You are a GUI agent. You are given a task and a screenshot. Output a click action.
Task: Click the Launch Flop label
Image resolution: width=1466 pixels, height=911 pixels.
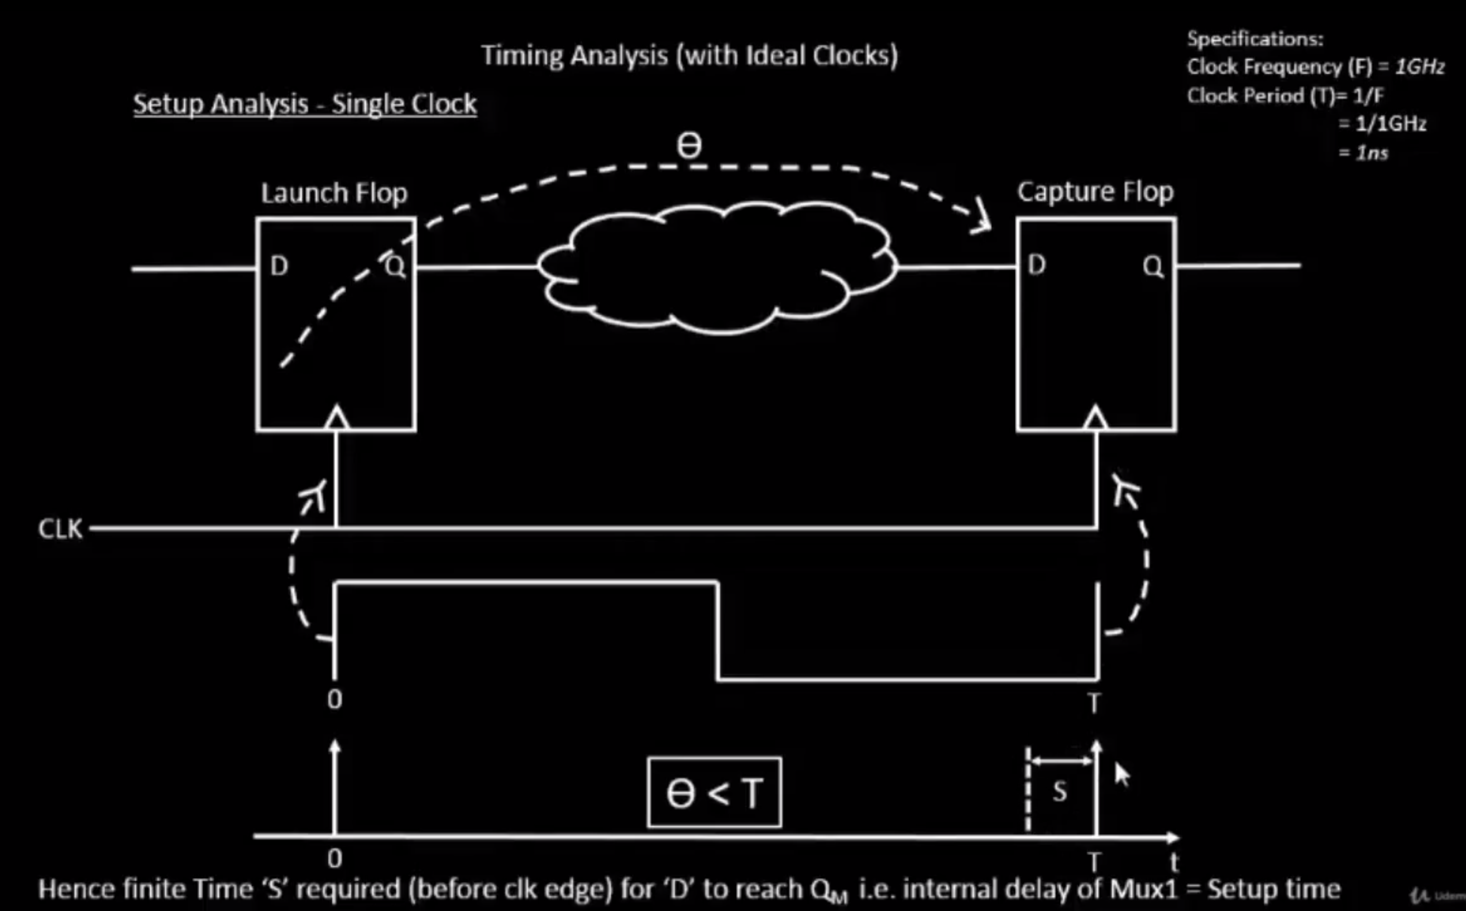click(334, 194)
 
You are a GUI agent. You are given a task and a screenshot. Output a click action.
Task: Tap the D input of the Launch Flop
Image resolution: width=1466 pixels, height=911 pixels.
click(279, 266)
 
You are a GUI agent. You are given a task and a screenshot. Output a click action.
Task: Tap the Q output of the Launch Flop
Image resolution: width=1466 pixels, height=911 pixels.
click(395, 266)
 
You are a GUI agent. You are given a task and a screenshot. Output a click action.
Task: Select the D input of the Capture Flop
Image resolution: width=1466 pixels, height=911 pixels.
click(1036, 264)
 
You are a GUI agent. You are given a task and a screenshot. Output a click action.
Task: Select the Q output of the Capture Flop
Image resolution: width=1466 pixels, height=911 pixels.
click(1153, 266)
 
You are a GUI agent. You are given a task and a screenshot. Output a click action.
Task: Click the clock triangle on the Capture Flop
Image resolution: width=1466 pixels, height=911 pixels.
click(1095, 419)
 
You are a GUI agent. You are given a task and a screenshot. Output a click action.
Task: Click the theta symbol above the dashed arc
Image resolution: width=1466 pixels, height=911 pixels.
click(689, 145)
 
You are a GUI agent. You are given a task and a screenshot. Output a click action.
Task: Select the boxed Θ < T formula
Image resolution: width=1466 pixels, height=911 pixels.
click(715, 792)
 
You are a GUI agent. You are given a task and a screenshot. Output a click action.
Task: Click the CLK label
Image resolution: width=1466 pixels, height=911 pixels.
click(60, 529)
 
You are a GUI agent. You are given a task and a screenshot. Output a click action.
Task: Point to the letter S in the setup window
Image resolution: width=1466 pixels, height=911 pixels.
click(1060, 792)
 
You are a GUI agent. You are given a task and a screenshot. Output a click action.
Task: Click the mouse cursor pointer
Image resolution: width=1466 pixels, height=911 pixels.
click(1121, 774)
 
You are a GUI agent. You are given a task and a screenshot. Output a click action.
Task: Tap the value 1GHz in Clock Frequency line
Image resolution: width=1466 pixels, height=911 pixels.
click(1420, 66)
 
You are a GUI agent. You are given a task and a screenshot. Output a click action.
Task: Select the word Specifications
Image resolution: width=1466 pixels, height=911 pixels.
click(1255, 39)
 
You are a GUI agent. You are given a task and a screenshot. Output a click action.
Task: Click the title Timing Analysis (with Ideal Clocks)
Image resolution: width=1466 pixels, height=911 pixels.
click(689, 56)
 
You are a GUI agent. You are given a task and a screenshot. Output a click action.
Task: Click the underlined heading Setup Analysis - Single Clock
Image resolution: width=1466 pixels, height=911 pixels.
click(305, 104)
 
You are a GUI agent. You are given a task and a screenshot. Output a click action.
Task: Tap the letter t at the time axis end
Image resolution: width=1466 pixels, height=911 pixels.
click(1173, 861)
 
